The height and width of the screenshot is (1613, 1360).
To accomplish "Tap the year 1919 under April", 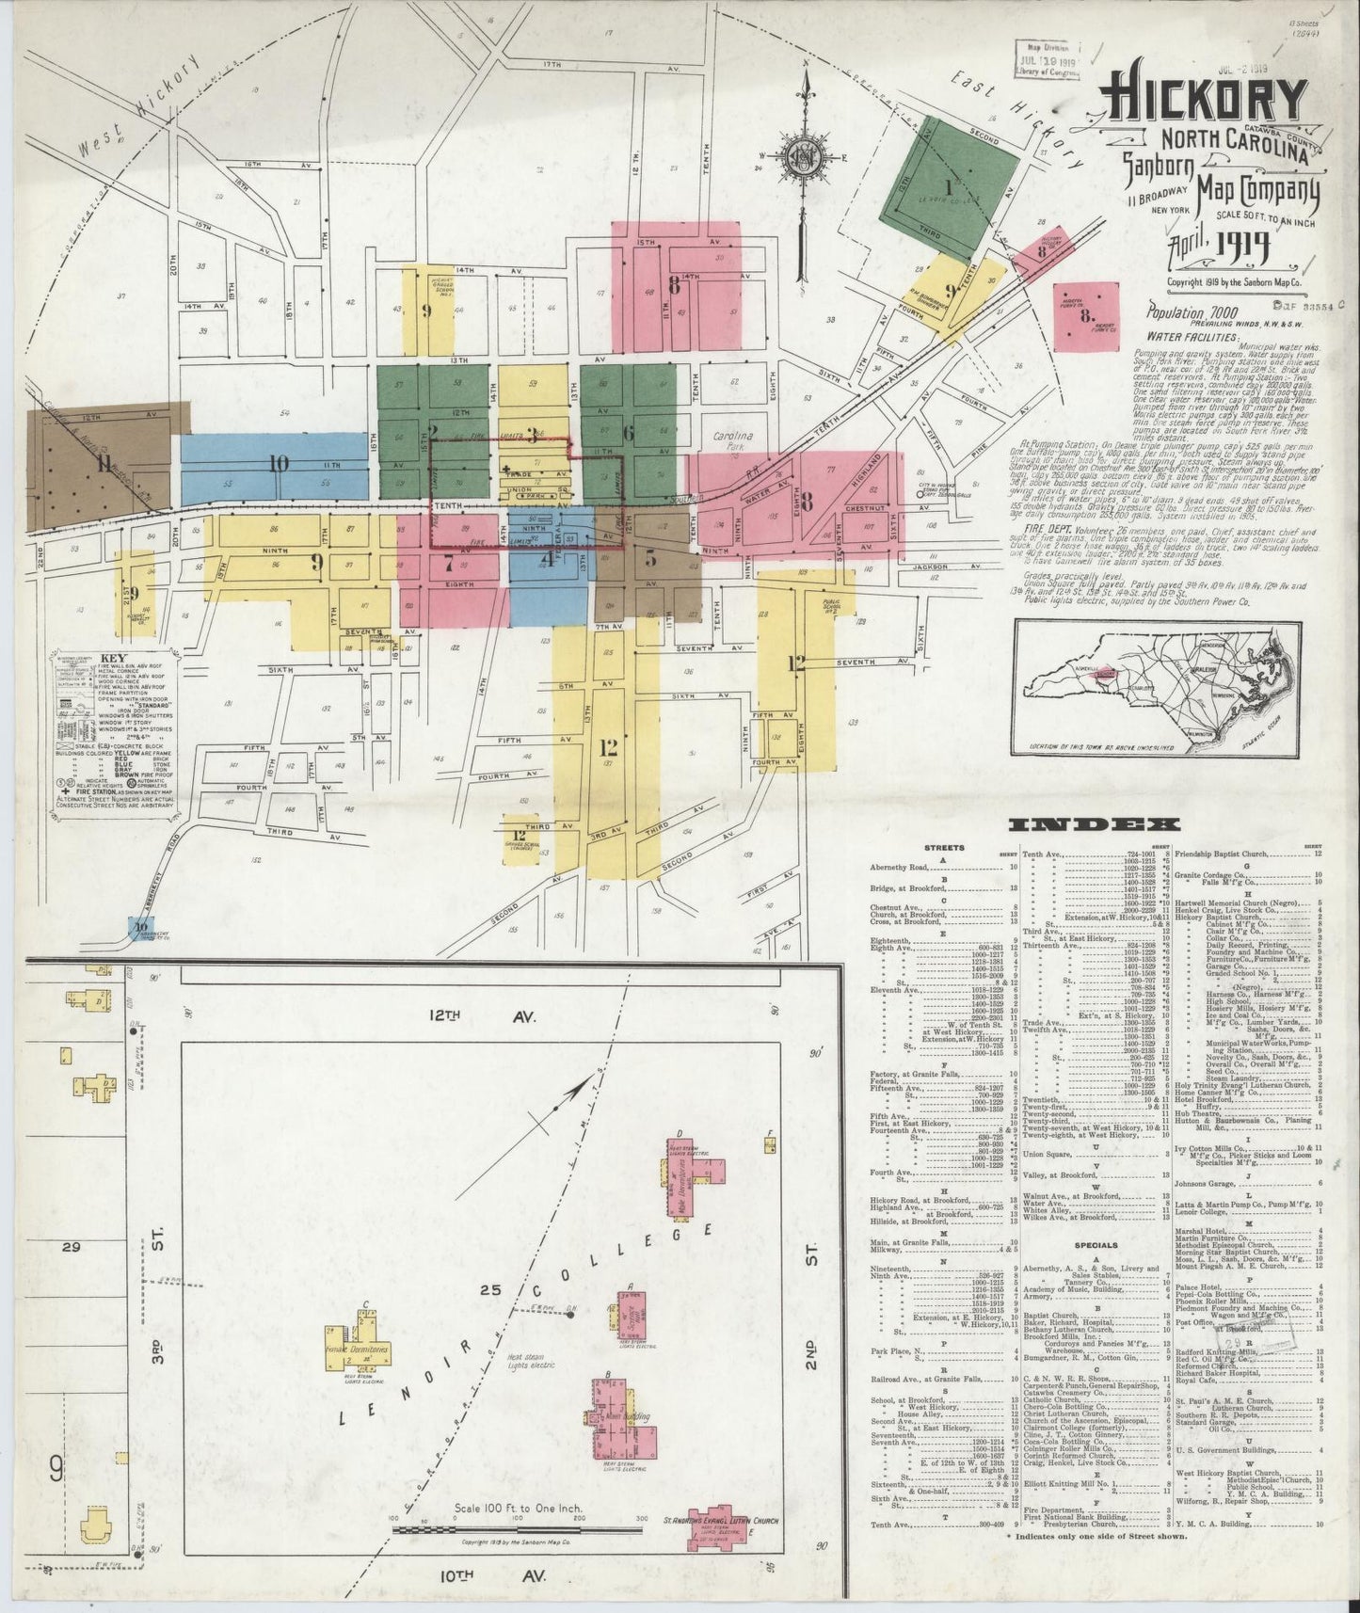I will [x=1240, y=248].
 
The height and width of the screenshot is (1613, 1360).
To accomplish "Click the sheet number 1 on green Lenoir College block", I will [x=949, y=185].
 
